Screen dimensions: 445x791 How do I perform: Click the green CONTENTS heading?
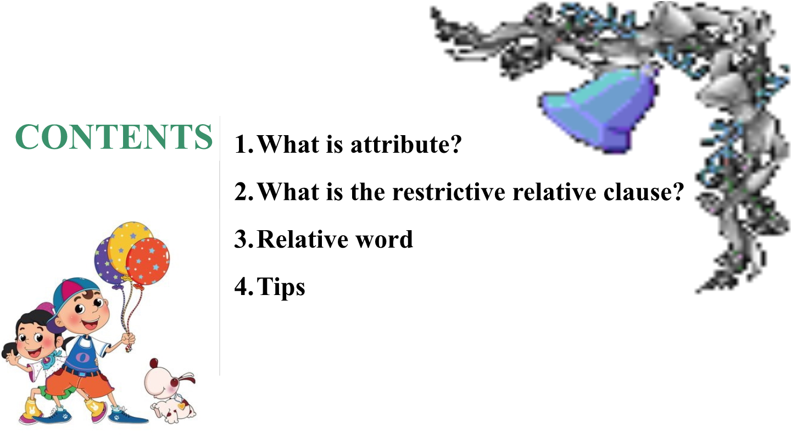tap(114, 137)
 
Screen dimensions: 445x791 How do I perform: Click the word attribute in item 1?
tap(405, 145)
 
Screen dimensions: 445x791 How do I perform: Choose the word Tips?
tap(281, 287)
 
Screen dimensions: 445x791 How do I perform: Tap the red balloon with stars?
tap(148, 261)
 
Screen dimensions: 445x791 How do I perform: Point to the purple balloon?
tap(103, 258)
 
